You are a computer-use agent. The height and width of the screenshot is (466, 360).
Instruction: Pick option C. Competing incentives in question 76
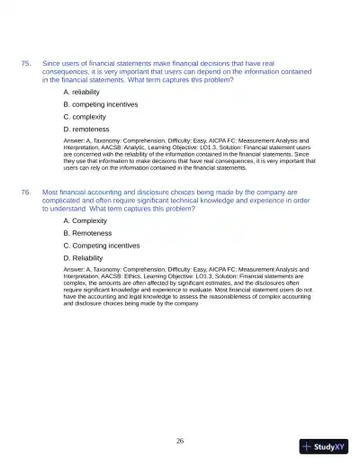click(101, 245)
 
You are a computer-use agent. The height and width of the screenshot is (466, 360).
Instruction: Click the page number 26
click(180, 441)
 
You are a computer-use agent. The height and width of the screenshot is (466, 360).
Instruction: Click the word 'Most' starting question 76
click(50, 193)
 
